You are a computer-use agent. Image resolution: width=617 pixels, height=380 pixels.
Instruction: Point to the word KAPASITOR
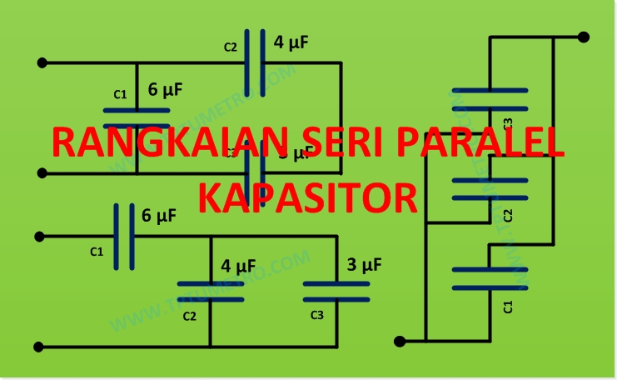tap(308, 197)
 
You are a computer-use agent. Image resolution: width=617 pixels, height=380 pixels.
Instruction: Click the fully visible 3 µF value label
tap(364, 265)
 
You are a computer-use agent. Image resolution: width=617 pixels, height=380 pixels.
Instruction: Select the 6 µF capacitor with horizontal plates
tap(136, 118)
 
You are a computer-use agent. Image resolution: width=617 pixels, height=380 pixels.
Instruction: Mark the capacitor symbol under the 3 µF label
tap(336, 291)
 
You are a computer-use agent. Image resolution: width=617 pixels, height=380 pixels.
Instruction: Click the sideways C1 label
tap(509, 306)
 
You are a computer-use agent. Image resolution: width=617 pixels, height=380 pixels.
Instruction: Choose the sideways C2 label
tap(509, 216)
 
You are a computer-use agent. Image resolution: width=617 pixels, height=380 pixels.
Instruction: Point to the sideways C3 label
tap(509, 124)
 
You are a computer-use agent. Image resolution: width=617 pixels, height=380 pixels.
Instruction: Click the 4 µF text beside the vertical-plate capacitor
tap(291, 42)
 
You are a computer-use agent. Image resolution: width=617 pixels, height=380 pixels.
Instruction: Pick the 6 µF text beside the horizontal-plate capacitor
tap(164, 89)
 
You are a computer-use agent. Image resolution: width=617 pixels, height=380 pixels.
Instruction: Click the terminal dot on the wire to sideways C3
tap(584, 37)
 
